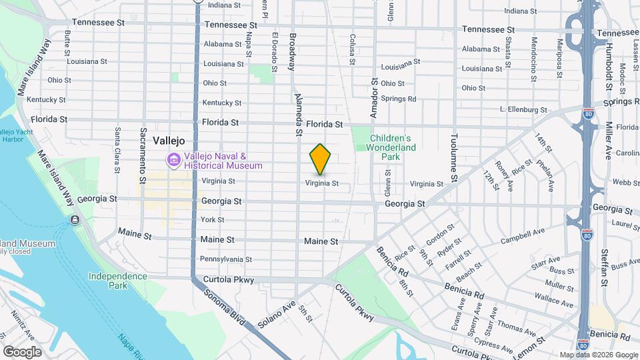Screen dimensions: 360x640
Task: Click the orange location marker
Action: [x=320, y=159]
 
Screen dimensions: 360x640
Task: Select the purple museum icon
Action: [x=173, y=160]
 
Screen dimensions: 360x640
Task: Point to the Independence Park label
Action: [x=117, y=281]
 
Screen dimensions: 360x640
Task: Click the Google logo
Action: [x=22, y=351]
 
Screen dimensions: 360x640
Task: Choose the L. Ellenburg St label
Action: [x=523, y=110]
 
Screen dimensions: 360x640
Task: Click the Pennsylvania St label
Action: [x=226, y=259]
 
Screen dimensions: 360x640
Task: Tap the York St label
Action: [x=213, y=219]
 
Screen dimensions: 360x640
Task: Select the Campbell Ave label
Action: [x=523, y=236]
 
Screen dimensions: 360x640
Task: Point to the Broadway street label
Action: [x=291, y=51]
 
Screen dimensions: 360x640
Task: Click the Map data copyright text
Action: [x=597, y=355]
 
